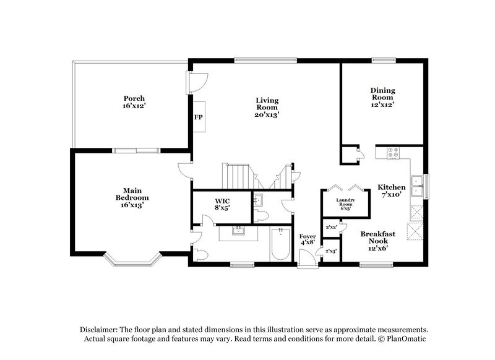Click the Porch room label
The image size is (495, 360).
click(134, 102)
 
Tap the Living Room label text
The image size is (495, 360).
click(267, 107)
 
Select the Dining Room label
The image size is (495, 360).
click(382, 97)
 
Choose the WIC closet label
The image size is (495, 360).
click(222, 205)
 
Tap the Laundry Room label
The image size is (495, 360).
click(345, 204)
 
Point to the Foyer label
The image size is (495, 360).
click(308, 240)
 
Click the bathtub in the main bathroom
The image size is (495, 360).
click(281, 245)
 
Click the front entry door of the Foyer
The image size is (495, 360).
click(307, 264)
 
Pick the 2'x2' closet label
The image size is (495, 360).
click(330, 227)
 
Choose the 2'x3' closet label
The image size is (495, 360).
click(330, 251)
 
